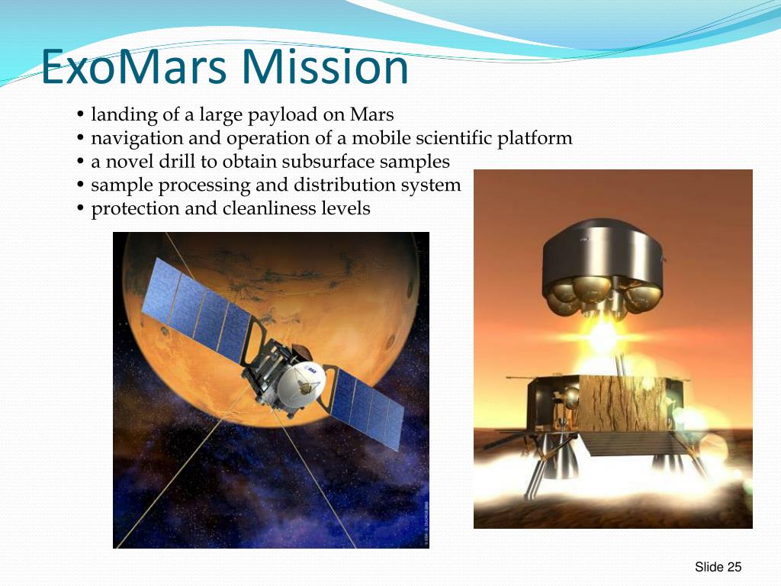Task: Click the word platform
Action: (x=535, y=139)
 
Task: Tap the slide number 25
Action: (x=734, y=567)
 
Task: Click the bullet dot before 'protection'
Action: (x=81, y=208)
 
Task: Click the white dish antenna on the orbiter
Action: (x=301, y=385)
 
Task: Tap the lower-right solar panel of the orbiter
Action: (x=368, y=407)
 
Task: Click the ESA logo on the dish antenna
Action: (x=312, y=370)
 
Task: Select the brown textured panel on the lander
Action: (x=622, y=404)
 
